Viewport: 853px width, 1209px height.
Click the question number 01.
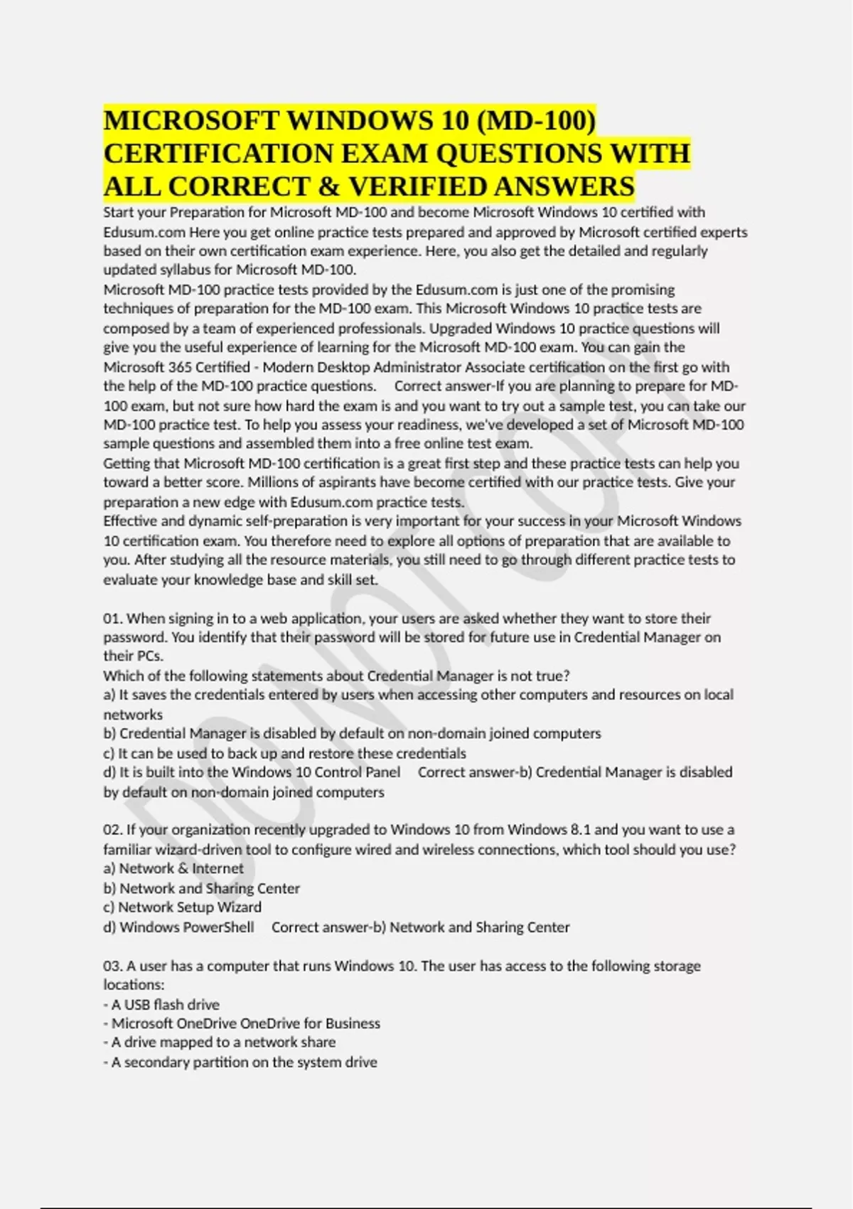[112, 618]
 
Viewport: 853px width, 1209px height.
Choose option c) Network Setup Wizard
[183, 907]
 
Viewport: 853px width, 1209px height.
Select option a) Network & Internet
[173, 868]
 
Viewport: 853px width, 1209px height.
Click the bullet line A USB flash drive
[165, 1004]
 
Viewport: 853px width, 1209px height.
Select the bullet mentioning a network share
[223, 1042]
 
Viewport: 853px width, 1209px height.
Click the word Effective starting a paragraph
[129, 521]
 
